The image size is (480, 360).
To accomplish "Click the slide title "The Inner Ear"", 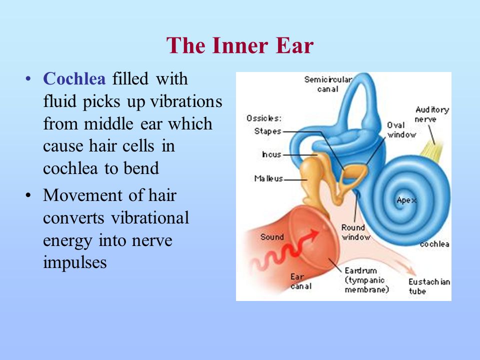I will [240, 45].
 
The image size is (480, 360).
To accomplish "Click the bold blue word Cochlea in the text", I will [74, 79].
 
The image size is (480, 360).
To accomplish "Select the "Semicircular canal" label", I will [328, 84].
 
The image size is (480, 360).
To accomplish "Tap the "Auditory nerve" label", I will [431, 114].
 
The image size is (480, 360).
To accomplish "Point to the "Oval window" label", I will [399, 129].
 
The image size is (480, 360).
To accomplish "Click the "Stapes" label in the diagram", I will [267, 131].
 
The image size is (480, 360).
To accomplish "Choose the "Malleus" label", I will [268, 178].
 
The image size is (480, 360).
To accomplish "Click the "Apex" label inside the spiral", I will [406, 200].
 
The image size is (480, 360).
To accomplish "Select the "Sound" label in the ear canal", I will [272, 237].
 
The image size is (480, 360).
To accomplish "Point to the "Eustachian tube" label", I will [429, 286].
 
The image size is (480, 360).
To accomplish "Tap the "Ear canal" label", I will [301, 281].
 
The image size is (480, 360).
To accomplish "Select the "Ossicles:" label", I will [264, 118].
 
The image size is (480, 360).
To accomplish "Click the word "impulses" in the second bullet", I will [75, 262].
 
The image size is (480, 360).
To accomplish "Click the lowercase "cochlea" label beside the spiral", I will [434, 244].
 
